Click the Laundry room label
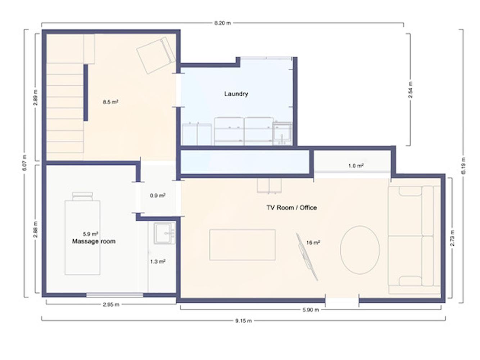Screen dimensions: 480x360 (236, 94)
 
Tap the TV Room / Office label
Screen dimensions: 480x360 (291, 207)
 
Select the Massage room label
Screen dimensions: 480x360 (94, 241)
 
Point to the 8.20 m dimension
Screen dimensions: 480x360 (222, 23)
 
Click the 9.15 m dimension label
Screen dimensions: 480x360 (243, 321)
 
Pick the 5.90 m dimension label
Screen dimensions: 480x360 (311, 310)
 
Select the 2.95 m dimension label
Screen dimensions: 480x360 (111, 305)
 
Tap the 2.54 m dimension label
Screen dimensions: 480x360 (411, 90)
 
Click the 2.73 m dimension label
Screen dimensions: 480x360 (452, 238)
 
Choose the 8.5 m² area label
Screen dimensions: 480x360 (111, 102)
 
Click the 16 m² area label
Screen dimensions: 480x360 (313, 243)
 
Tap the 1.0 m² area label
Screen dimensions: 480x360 (356, 166)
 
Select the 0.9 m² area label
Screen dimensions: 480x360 (158, 195)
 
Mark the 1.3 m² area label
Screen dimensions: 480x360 (158, 261)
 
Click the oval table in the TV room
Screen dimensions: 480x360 (359, 250)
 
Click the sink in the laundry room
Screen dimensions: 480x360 (282, 134)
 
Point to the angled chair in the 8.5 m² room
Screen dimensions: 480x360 (156, 55)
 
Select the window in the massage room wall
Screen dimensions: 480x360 (114, 295)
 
